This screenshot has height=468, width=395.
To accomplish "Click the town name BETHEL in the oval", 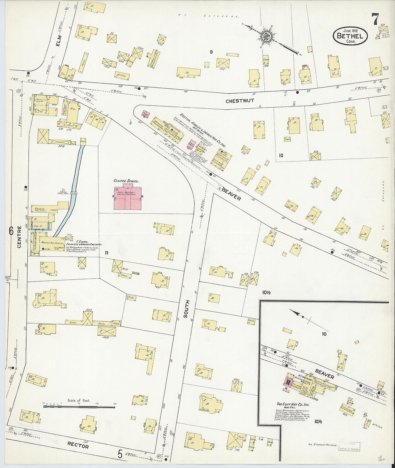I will [350, 36].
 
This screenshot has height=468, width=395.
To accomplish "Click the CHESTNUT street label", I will [240, 101].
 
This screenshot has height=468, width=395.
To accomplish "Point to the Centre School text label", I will [126, 181].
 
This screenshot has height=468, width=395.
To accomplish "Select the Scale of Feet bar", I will [79, 407].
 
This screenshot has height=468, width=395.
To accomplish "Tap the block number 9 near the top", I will [211, 52].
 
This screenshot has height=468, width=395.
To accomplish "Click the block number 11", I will [106, 253].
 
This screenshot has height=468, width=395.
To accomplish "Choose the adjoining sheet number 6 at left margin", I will [11, 231].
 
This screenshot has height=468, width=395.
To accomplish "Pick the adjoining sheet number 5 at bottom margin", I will [120, 454].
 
